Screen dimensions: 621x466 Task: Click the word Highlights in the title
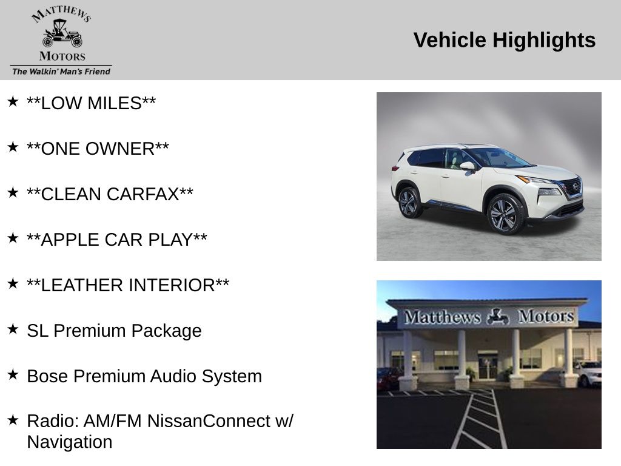(x=544, y=41)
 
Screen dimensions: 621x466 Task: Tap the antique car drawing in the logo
(x=62, y=33)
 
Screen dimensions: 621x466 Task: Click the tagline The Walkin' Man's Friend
(x=61, y=72)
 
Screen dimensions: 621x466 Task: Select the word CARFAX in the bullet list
(x=143, y=194)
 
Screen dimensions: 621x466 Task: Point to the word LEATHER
(x=82, y=285)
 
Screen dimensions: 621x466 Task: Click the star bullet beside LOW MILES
(x=13, y=101)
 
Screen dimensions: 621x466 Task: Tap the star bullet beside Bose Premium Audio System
(x=13, y=374)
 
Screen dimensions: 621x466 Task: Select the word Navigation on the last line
(x=70, y=442)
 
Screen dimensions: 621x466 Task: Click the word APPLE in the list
(x=67, y=240)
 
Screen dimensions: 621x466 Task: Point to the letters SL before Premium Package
(x=38, y=331)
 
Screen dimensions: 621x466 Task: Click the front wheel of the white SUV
(x=506, y=214)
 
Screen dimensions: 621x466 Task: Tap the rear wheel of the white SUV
(x=409, y=203)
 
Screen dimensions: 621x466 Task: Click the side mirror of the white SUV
(x=468, y=167)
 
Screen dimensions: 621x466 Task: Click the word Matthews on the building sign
(x=442, y=317)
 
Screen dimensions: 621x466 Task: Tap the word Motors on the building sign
(x=546, y=316)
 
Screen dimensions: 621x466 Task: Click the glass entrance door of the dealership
(x=487, y=366)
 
